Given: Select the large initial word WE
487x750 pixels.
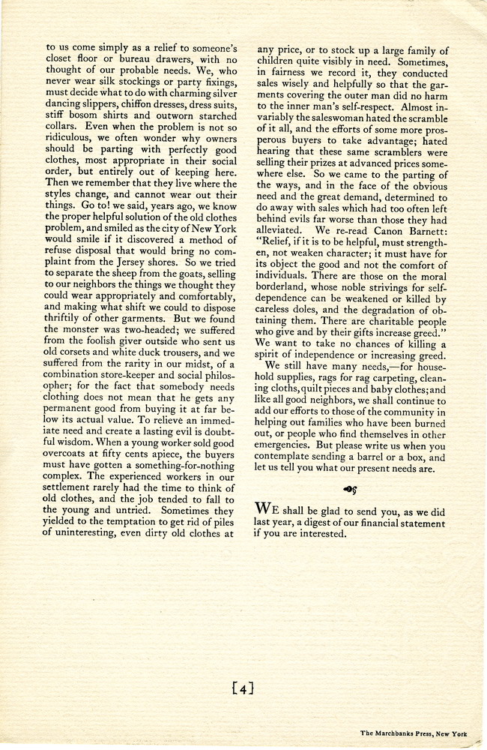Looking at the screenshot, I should point(267,507).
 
